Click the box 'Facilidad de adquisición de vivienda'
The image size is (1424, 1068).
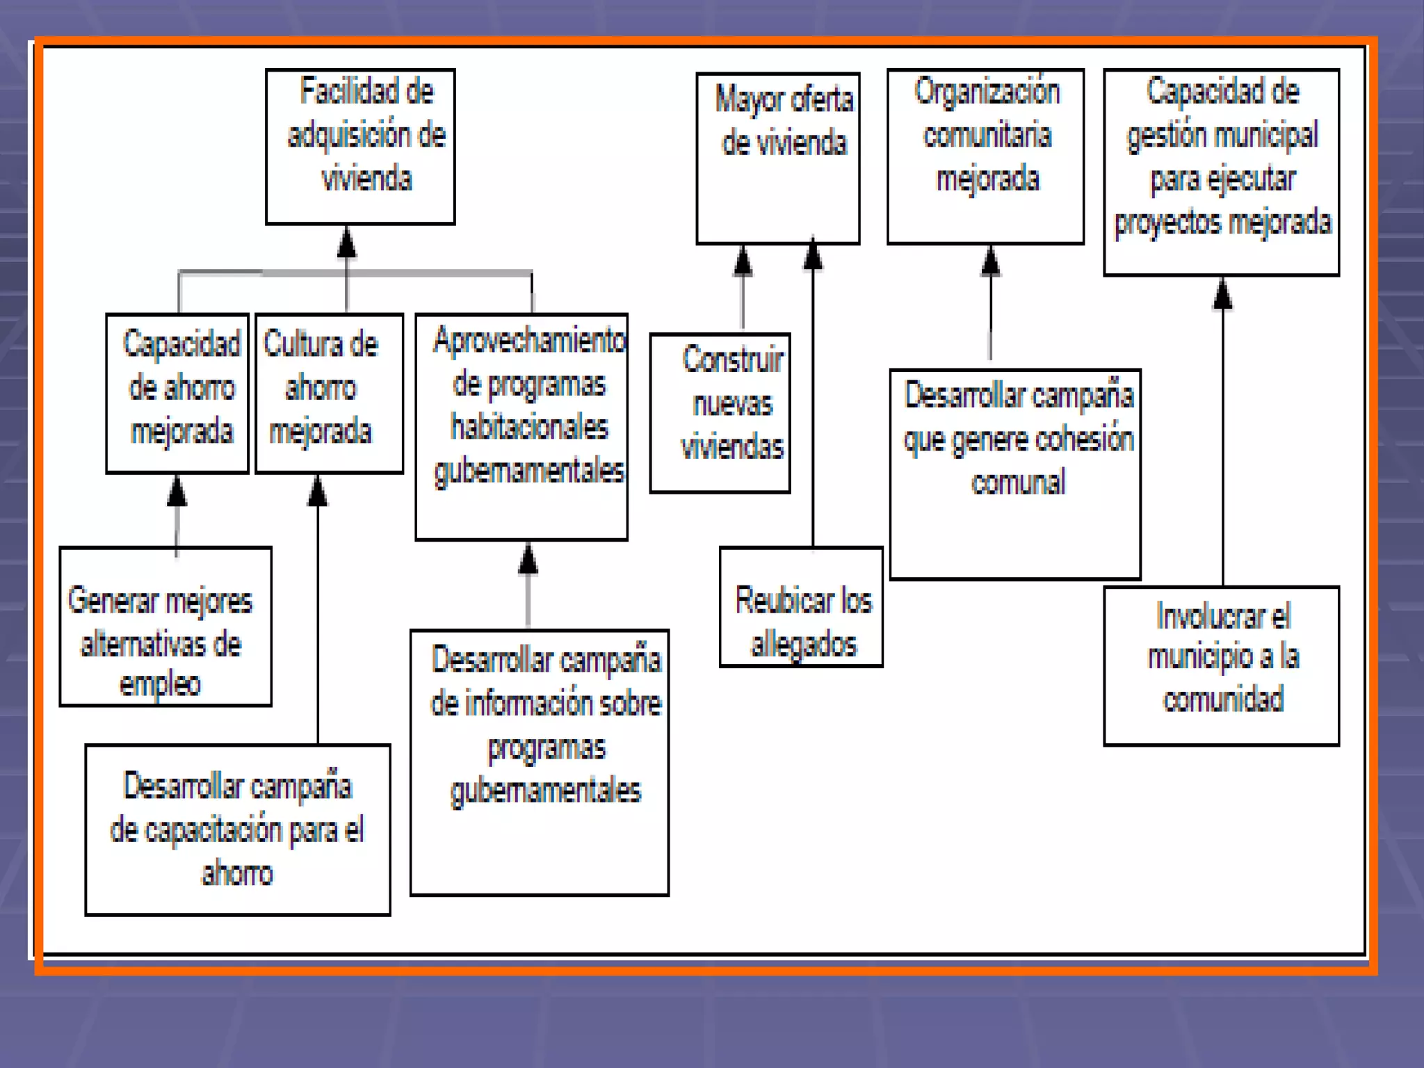point(360,146)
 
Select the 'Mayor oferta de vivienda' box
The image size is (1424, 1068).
point(777,159)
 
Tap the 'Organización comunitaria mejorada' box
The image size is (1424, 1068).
point(985,156)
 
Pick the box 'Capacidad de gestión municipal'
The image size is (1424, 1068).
point(1221,172)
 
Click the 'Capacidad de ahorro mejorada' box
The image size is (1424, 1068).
point(177,393)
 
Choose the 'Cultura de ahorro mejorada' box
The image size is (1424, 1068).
point(329,393)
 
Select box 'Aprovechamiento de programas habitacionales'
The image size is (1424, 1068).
point(521,426)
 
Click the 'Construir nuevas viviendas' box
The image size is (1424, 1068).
point(720,413)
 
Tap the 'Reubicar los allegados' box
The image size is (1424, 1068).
point(801,607)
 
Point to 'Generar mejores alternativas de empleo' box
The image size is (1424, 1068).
point(165,626)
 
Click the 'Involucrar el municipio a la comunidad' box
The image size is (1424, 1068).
point(1221,665)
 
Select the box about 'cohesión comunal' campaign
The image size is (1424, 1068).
point(1015,474)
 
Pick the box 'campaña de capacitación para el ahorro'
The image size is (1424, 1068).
point(238,830)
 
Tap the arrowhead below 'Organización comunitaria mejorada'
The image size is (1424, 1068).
point(990,261)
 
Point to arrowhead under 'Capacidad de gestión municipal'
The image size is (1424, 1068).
point(1222,293)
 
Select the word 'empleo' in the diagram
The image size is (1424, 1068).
point(160,684)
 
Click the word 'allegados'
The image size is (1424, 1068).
point(804,644)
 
